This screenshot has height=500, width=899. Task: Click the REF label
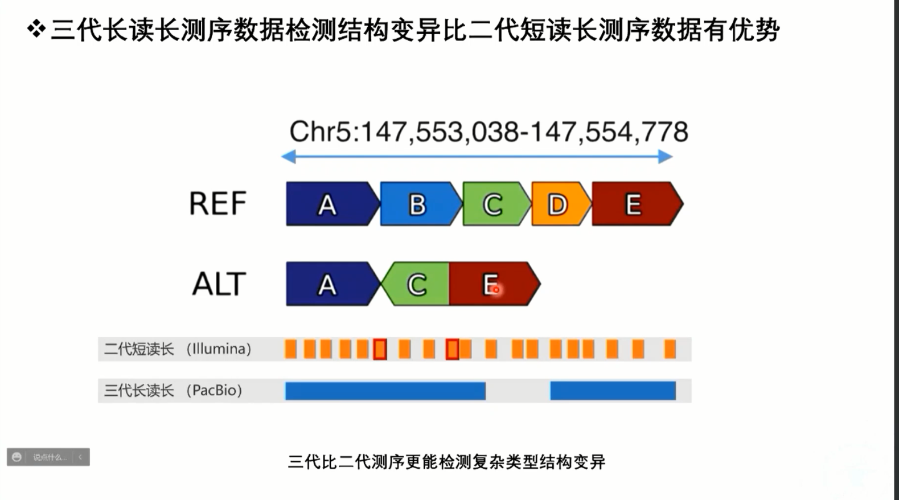pyautogui.click(x=217, y=203)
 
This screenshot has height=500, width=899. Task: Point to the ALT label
pyautogui.click(x=219, y=284)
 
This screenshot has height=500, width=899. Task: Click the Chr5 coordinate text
pyautogui.click(x=489, y=132)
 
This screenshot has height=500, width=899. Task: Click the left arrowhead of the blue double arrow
pyautogui.click(x=288, y=157)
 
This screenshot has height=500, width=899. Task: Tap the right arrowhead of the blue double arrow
pyautogui.click(x=666, y=157)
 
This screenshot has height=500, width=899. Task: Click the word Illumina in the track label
pyautogui.click(x=219, y=349)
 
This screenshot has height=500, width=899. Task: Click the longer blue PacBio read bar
pyautogui.click(x=385, y=391)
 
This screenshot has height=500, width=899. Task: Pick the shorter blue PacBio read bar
pyautogui.click(x=613, y=391)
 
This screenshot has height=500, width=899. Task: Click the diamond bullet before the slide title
pyautogui.click(x=36, y=28)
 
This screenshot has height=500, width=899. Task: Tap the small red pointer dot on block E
pyautogui.click(x=496, y=290)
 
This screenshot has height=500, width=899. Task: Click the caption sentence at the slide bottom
pyautogui.click(x=446, y=461)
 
